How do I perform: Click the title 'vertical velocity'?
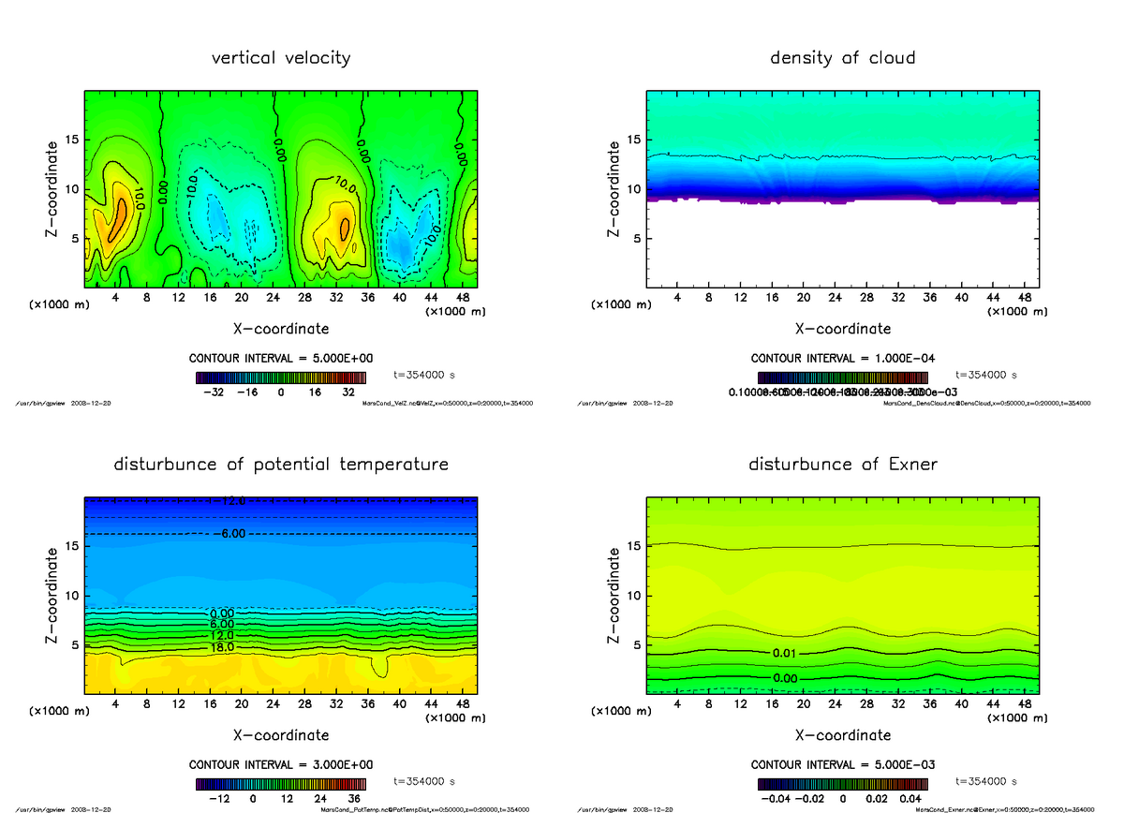click(x=281, y=58)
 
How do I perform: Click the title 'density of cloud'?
click(x=842, y=58)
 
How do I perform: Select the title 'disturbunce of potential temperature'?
click(x=281, y=465)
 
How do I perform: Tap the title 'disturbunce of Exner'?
click(x=842, y=465)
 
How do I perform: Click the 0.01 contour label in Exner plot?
click(x=785, y=653)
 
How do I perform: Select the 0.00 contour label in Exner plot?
click(x=785, y=678)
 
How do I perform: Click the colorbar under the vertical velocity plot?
click(x=281, y=377)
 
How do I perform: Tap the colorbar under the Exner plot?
click(x=842, y=783)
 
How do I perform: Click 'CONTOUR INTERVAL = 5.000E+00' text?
click(x=282, y=359)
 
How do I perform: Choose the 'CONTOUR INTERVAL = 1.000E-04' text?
click(x=843, y=359)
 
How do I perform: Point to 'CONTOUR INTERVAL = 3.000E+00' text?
click(x=282, y=764)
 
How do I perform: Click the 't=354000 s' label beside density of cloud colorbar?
click(x=986, y=375)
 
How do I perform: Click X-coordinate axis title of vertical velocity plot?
click(x=281, y=329)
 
